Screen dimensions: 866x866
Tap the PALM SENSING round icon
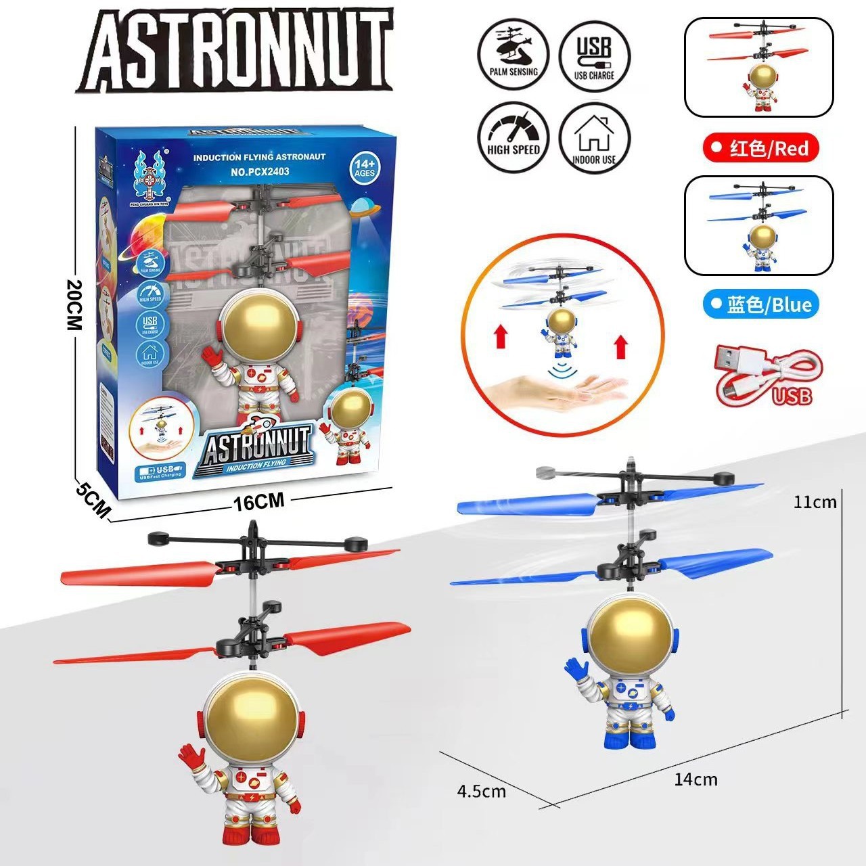(514, 53)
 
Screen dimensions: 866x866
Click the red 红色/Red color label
(760, 148)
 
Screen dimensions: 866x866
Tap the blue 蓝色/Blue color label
(760, 304)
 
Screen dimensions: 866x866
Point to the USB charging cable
(768, 377)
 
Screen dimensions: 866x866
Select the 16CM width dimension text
(258, 501)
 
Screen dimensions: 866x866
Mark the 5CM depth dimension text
(93, 499)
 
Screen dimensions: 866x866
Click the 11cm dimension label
(815, 502)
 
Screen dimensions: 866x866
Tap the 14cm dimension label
(696, 779)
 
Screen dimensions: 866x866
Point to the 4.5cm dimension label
(482, 791)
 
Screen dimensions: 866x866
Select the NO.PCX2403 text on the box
(260, 172)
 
